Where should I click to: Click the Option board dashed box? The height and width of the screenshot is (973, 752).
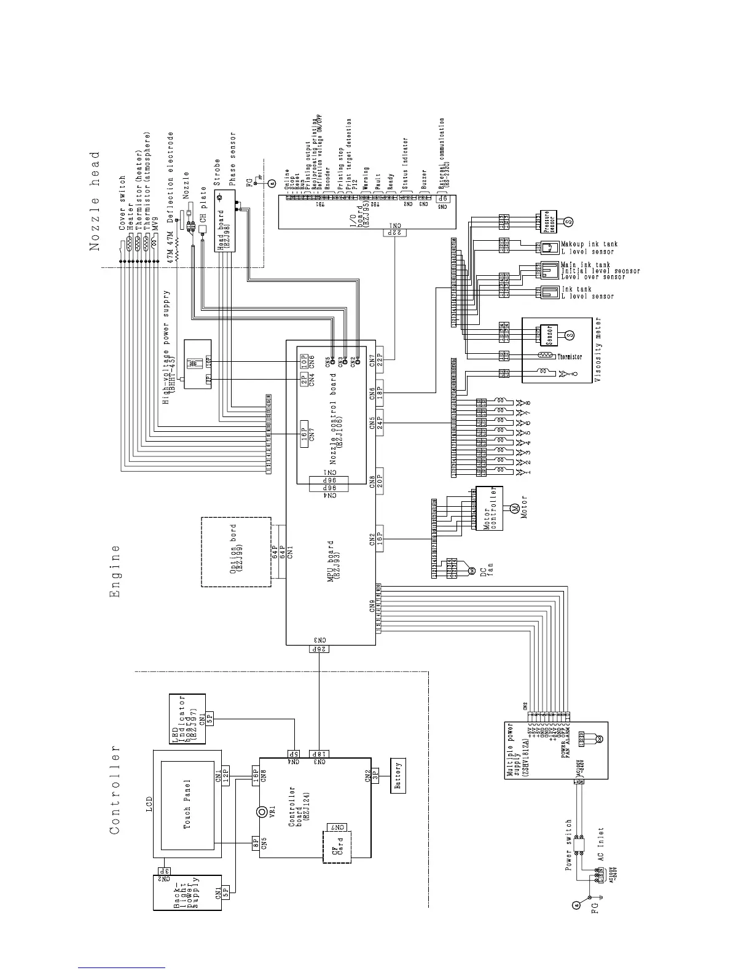tap(236, 552)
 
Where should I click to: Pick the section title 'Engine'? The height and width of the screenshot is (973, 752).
tap(115, 571)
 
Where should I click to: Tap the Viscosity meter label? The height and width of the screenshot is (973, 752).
tap(598, 350)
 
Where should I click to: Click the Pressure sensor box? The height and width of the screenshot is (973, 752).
tap(543, 221)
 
